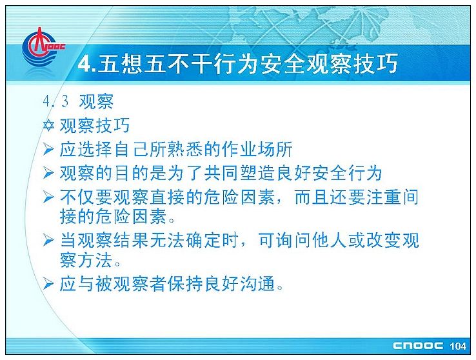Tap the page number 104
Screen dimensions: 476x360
(x=458, y=346)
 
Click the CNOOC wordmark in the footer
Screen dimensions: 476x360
(x=418, y=346)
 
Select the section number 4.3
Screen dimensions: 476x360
(x=55, y=101)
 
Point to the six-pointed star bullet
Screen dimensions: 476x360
(x=48, y=125)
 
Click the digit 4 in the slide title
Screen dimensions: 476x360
(x=84, y=64)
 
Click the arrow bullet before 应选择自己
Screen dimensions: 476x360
(x=48, y=149)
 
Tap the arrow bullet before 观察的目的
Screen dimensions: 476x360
(x=48, y=173)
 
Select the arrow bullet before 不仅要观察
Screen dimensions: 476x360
(x=48, y=197)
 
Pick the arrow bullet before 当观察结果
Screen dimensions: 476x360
(x=48, y=240)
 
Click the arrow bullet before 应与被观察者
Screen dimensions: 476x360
(x=48, y=284)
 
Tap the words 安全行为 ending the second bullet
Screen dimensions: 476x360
(x=347, y=174)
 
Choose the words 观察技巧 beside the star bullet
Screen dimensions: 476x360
(x=95, y=125)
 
